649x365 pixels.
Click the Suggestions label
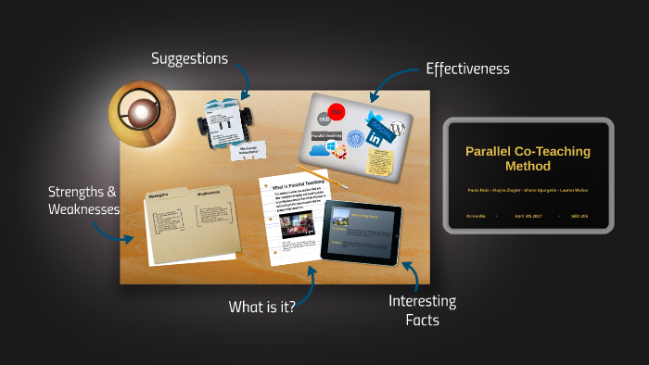189,58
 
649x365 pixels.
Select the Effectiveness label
467,69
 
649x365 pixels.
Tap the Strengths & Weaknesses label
83,201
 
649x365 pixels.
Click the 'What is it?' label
262,307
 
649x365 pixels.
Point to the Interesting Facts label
422,310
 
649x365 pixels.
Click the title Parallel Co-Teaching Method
528,158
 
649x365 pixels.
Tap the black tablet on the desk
362,233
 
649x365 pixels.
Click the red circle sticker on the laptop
337,112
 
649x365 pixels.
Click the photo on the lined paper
295,225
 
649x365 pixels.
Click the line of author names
528,190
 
